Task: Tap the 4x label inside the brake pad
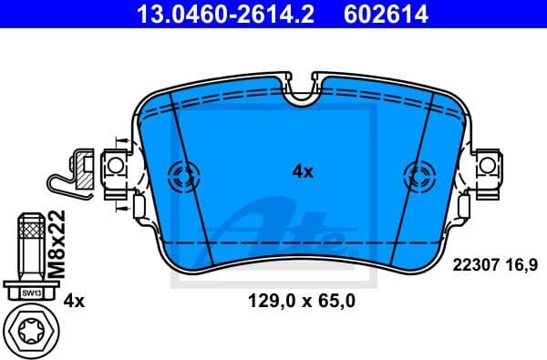(302, 170)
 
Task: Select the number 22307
(474, 264)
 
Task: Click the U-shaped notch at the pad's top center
(302, 89)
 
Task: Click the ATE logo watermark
(283, 228)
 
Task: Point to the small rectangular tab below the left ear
(138, 207)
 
